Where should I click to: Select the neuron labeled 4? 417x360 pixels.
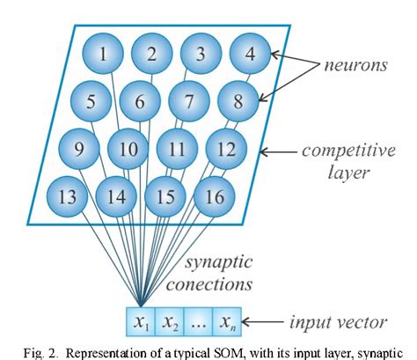point(249,55)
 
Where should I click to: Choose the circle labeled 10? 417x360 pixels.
point(128,148)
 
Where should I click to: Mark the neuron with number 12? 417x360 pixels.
point(225,148)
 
